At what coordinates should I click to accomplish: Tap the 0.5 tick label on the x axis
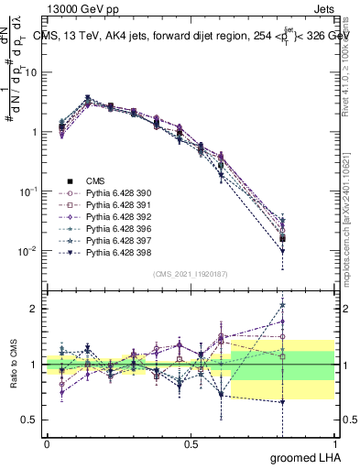(191, 443)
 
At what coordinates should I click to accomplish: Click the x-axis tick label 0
(47, 443)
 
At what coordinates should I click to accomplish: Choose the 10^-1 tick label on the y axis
(27, 191)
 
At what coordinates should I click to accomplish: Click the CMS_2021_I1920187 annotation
(190, 275)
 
